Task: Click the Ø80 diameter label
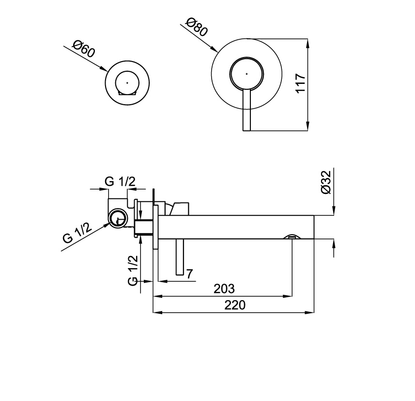click(197, 27)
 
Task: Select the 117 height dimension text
click(300, 83)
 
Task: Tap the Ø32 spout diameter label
click(325, 182)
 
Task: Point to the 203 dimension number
click(224, 289)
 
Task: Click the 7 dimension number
click(190, 274)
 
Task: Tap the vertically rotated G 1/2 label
click(133, 271)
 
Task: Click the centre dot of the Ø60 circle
click(127, 82)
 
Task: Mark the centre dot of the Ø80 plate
click(246, 74)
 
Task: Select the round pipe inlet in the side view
click(117, 219)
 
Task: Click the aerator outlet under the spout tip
click(292, 237)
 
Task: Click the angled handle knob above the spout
click(178, 207)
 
